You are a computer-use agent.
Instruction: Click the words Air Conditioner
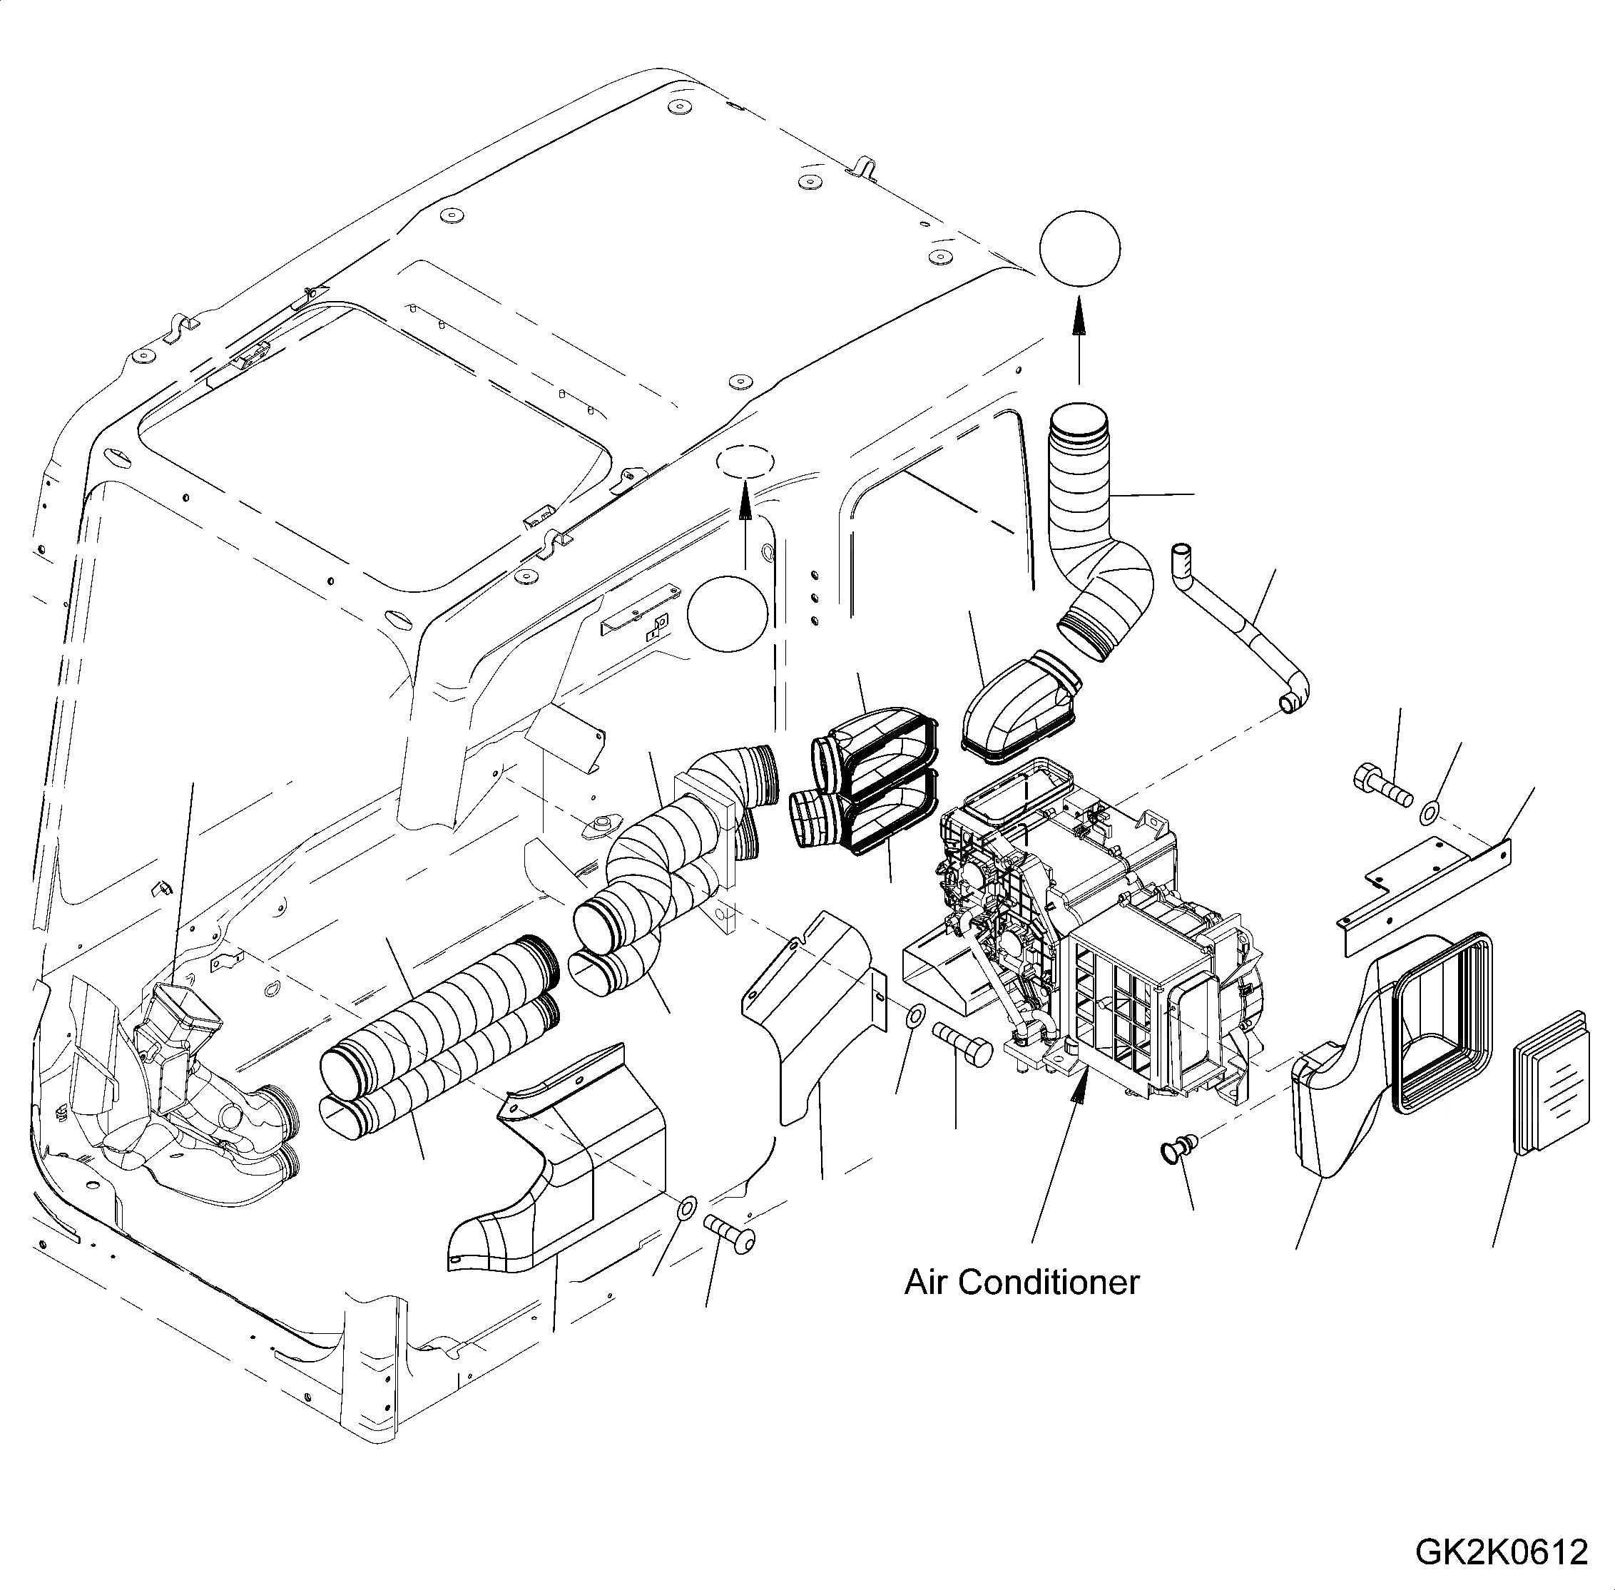coord(1021,1282)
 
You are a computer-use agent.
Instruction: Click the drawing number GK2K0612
coord(1501,1551)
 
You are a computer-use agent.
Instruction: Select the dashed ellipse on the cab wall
coord(744,462)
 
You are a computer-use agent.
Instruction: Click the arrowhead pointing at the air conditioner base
coord(1081,1087)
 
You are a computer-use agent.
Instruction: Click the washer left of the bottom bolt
coord(686,1208)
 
